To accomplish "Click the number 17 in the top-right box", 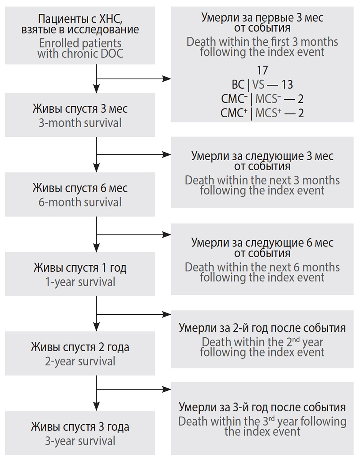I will coord(262,71).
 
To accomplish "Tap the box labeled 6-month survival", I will coord(80,195).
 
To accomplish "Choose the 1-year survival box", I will coord(80,274).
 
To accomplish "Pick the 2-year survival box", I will coord(80,353).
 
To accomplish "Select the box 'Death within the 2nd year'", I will coord(262,340).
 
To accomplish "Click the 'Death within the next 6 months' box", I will coord(262,260).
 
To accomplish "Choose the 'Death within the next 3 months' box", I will coord(262,172).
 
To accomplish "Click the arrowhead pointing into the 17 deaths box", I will coord(167,79).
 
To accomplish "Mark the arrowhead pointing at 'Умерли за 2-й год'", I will coord(167,315).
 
